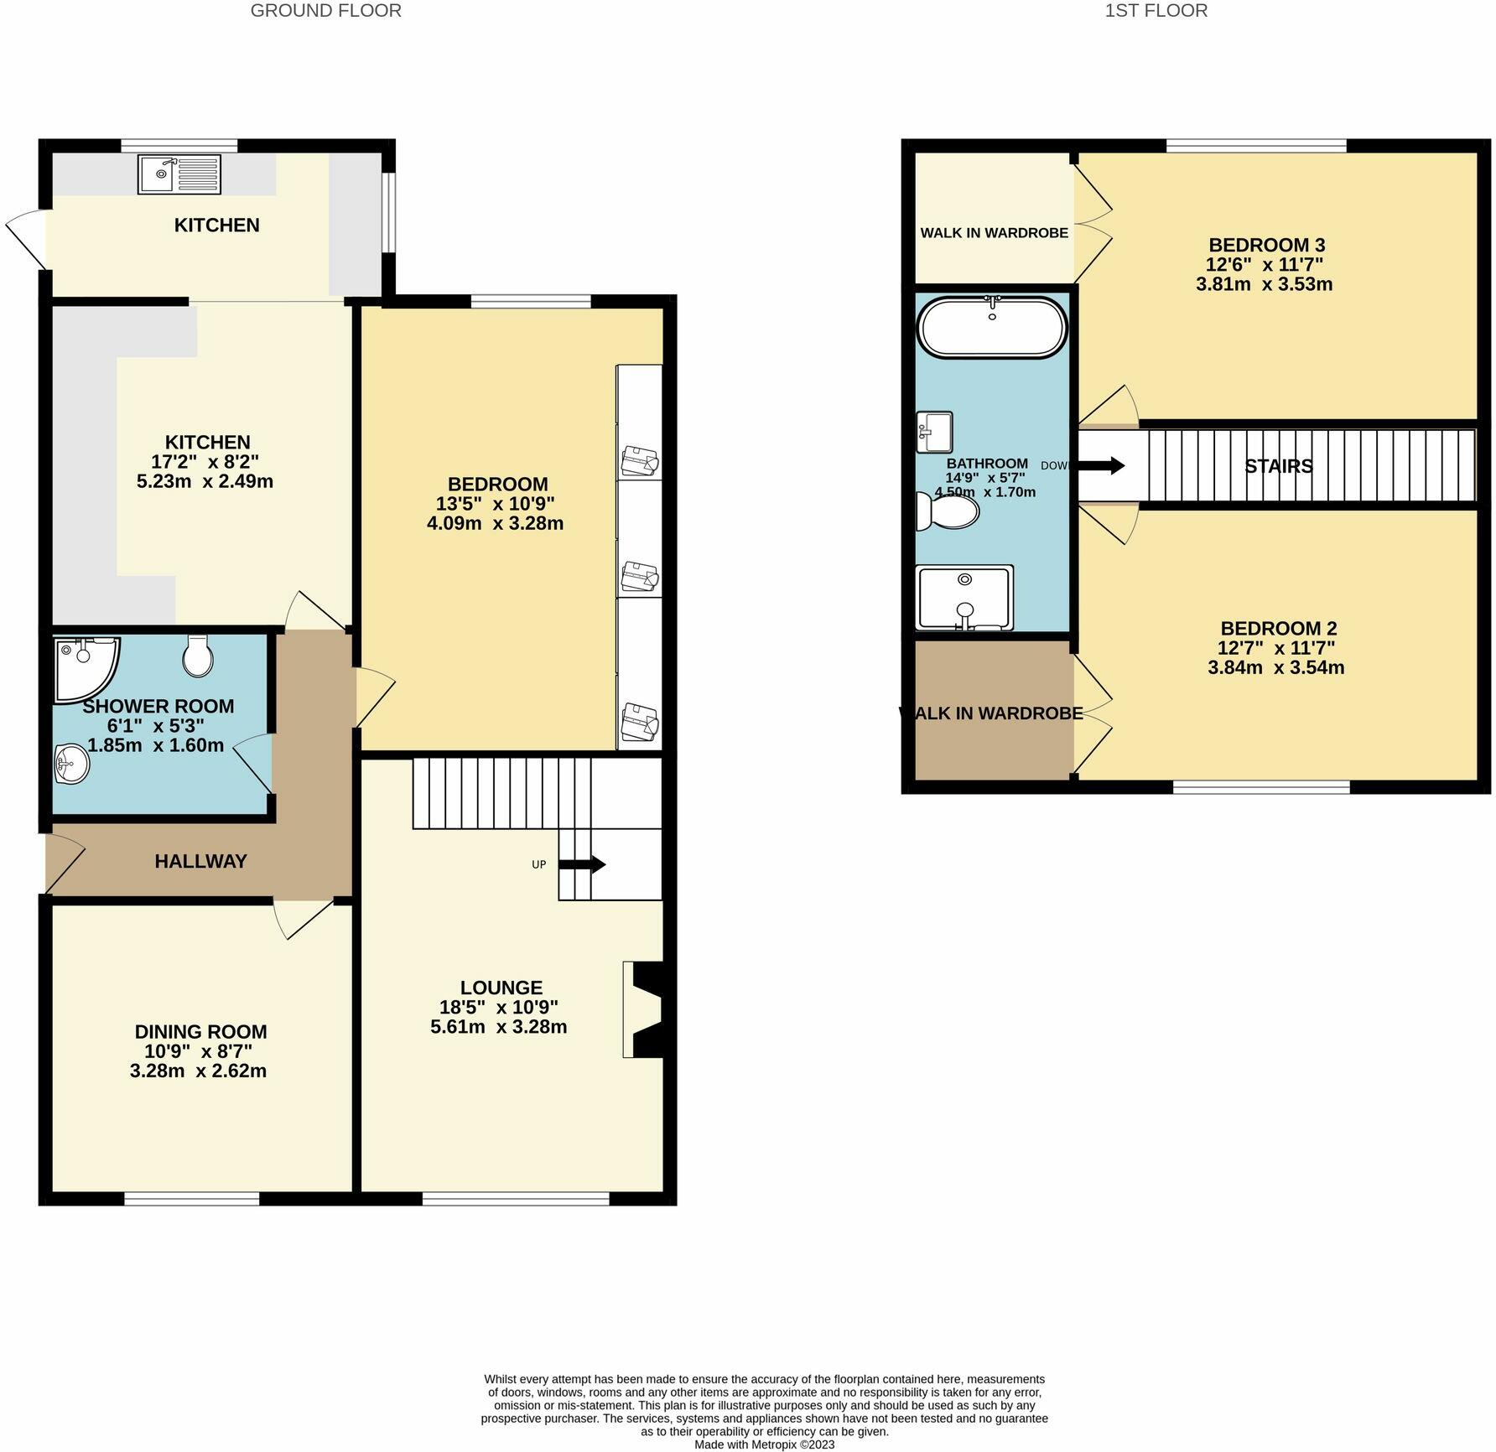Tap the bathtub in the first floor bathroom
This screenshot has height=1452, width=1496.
(992, 328)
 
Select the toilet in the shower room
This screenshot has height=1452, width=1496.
(198, 656)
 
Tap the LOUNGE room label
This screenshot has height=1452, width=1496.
(501, 988)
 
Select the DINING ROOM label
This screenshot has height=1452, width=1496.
(200, 1032)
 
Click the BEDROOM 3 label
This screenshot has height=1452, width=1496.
(1266, 245)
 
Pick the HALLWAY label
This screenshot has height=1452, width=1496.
(200, 861)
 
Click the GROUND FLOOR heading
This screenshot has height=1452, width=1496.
(325, 11)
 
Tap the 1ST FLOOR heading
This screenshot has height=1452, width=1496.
(1156, 11)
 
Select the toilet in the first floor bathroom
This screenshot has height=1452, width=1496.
(949, 511)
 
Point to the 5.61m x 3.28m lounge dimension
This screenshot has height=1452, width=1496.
(498, 1027)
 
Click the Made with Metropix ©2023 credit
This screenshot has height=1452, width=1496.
(764, 1444)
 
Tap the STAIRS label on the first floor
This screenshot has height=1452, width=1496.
(1278, 466)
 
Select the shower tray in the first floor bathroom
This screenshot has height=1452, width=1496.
(964, 598)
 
